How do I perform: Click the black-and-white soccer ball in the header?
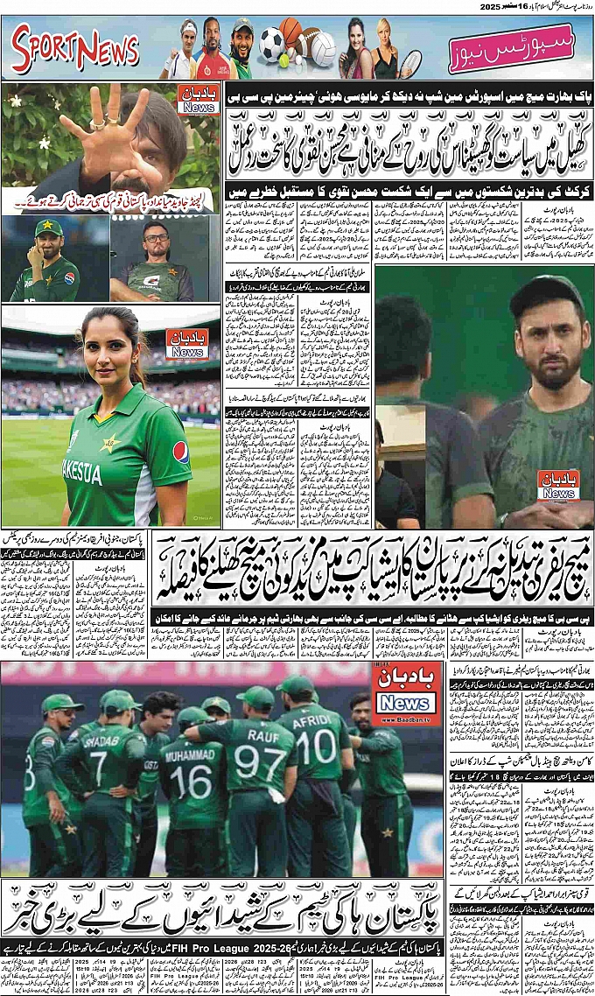pos(271,41)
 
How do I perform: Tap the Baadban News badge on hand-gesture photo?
pos(198,100)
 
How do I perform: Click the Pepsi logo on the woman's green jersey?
pos(180,452)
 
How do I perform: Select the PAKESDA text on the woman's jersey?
pos(82,473)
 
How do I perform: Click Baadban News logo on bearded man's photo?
pos(557,485)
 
